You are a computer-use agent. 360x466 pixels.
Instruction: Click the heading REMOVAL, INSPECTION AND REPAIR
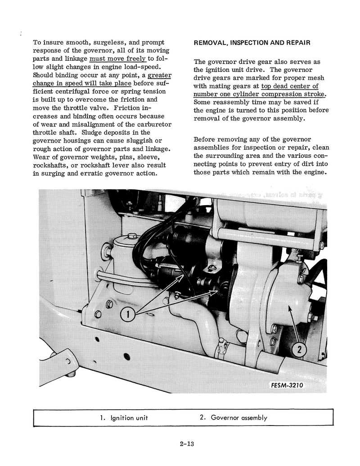click(252, 43)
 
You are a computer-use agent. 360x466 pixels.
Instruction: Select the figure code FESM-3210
click(287, 385)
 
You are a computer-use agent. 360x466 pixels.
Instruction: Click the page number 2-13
click(186, 445)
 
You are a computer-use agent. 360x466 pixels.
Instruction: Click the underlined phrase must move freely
click(117, 58)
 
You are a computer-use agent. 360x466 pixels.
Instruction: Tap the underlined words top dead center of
click(289, 86)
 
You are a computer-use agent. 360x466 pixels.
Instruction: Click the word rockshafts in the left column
click(52, 165)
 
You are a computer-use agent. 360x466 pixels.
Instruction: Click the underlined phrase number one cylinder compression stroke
click(260, 94)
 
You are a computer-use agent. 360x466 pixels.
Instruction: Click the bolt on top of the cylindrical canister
click(131, 236)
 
